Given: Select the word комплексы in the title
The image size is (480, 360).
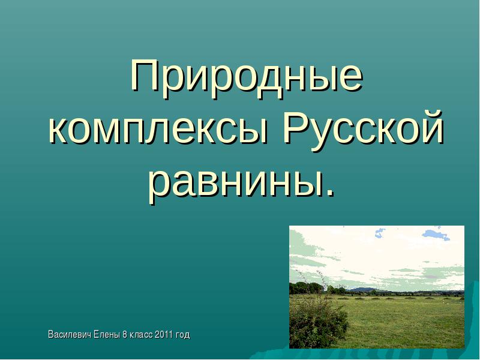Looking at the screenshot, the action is [x=158, y=130].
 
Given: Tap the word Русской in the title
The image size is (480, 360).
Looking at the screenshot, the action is [x=364, y=127].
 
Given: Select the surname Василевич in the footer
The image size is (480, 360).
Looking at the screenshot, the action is [x=69, y=334].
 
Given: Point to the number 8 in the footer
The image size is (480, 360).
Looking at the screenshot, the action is [x=125, y=334].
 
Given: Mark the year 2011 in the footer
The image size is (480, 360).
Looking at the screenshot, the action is [x=164, y=334].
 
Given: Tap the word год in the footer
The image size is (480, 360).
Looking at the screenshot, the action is [x=183, y=335].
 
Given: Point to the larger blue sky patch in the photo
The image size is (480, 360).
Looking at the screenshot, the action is [x=436, y=234].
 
